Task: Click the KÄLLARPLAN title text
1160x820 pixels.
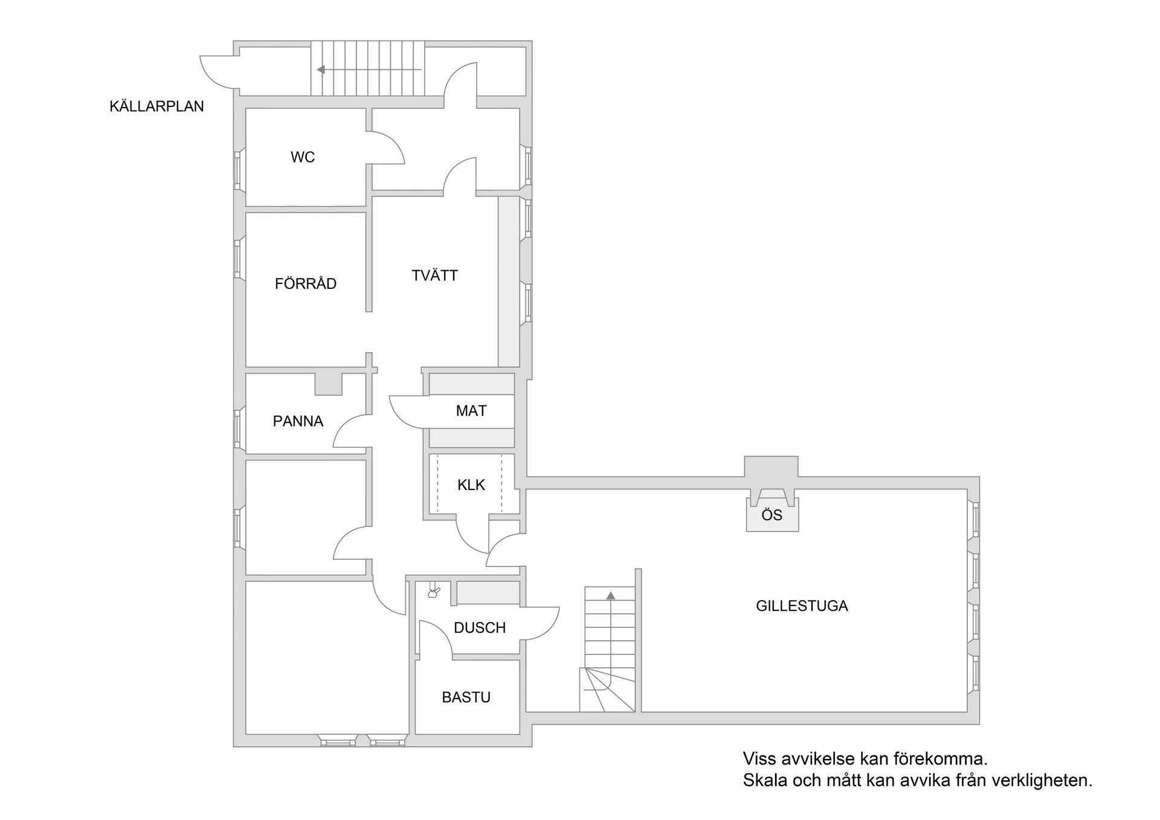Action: [156, 106]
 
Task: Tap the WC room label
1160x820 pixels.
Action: [303, 157]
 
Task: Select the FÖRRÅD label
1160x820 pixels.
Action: [306, 283]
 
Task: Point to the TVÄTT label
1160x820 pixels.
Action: [435, 276]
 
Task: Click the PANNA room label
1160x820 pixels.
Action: [298, 421]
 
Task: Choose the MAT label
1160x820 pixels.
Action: [471, 411]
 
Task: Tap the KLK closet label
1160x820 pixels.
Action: [471, 485]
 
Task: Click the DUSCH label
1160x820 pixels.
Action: [480, 628]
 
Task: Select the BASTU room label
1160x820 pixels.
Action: [466, 697]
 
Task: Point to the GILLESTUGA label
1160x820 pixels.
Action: [802, 606]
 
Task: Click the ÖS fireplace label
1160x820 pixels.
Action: [772, 515]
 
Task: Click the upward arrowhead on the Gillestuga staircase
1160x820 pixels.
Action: [611, 595]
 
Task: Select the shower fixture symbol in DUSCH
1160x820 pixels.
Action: [433, 591]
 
